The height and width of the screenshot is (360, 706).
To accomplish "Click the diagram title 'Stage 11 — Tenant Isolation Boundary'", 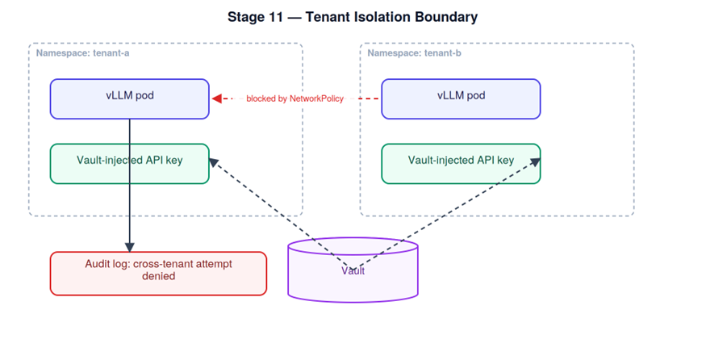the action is coord(353,17).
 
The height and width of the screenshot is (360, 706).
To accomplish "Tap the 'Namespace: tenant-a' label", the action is coord(83,53).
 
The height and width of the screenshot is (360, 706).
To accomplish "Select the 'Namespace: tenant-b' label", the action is coord(414,53).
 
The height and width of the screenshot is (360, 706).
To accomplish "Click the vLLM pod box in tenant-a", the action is coord(130,99).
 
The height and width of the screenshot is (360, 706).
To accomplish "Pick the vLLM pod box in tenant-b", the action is coord(461,99).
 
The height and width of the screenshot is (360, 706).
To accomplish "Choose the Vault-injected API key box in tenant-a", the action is coord(130,164).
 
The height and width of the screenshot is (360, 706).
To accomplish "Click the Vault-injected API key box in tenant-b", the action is coord(461,164).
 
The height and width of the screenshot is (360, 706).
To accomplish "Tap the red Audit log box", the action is coord(158,274).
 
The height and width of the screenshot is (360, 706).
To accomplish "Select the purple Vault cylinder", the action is coord(353,270).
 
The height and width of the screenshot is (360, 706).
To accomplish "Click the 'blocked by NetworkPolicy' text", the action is coord(295,98).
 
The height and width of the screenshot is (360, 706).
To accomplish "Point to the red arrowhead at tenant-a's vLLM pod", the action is coord(216,98).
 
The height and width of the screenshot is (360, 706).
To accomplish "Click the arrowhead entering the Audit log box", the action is coord(130,247).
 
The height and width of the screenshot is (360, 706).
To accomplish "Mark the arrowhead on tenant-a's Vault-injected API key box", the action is coord(214,162).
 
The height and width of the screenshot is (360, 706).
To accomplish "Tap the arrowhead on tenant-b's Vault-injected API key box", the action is coord(536,162).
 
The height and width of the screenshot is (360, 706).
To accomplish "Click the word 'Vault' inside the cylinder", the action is coord(353,270).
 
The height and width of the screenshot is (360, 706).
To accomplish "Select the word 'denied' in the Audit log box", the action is coord(158,276).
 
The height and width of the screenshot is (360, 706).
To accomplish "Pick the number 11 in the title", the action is coord(274,17).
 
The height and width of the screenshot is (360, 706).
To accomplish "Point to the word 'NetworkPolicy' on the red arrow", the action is coord(316,98).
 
